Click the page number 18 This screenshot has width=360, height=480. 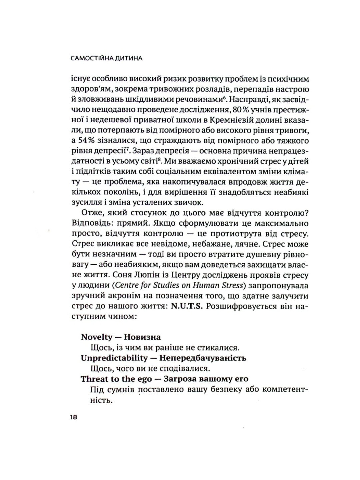coord(74,417)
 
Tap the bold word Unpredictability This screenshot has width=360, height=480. coord(114,358)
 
